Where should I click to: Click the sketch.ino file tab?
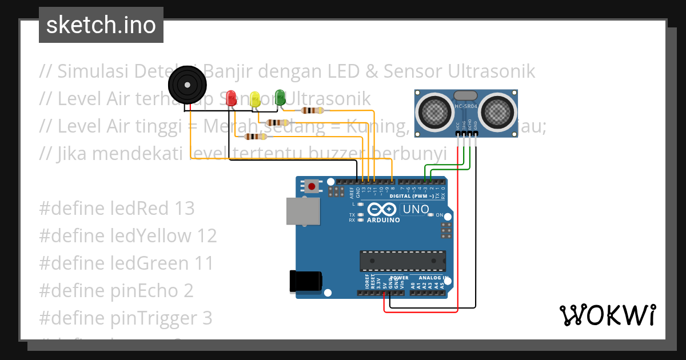(101, 25)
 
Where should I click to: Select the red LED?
(231, 97)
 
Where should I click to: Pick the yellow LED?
(255, 99)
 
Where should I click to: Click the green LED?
(280, 96)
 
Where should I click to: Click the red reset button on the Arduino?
(312, 186)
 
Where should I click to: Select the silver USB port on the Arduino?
(303, 211)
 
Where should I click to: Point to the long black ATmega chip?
(402, 261)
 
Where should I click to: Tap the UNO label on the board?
(416, 209)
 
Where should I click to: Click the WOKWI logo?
(607, 315)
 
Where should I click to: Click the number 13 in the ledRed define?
(184, 209)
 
